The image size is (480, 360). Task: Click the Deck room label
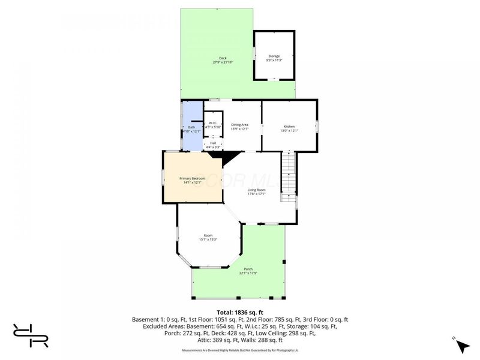pos(223,58)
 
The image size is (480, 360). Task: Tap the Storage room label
pos(274,56)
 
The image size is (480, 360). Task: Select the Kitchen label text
pos(289,126)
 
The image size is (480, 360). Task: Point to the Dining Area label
pos(240,124)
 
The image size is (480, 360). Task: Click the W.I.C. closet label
pos(213,123)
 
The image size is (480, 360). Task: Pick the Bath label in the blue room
pos(191,127)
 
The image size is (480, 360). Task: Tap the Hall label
pos(213,143)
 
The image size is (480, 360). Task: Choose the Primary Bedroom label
pos(193,179)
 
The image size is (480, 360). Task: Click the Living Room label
pos(257,190)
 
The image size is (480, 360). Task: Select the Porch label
pos(248,269)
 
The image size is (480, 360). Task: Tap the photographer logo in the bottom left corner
pos(31,335)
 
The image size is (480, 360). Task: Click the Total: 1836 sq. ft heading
pos(239,312)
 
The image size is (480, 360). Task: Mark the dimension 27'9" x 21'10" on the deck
pos(223,62)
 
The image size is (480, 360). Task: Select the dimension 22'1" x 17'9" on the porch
pos(248,273)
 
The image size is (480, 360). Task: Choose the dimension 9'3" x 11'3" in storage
pos(274,60)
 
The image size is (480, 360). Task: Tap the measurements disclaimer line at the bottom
pos(239,350)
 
